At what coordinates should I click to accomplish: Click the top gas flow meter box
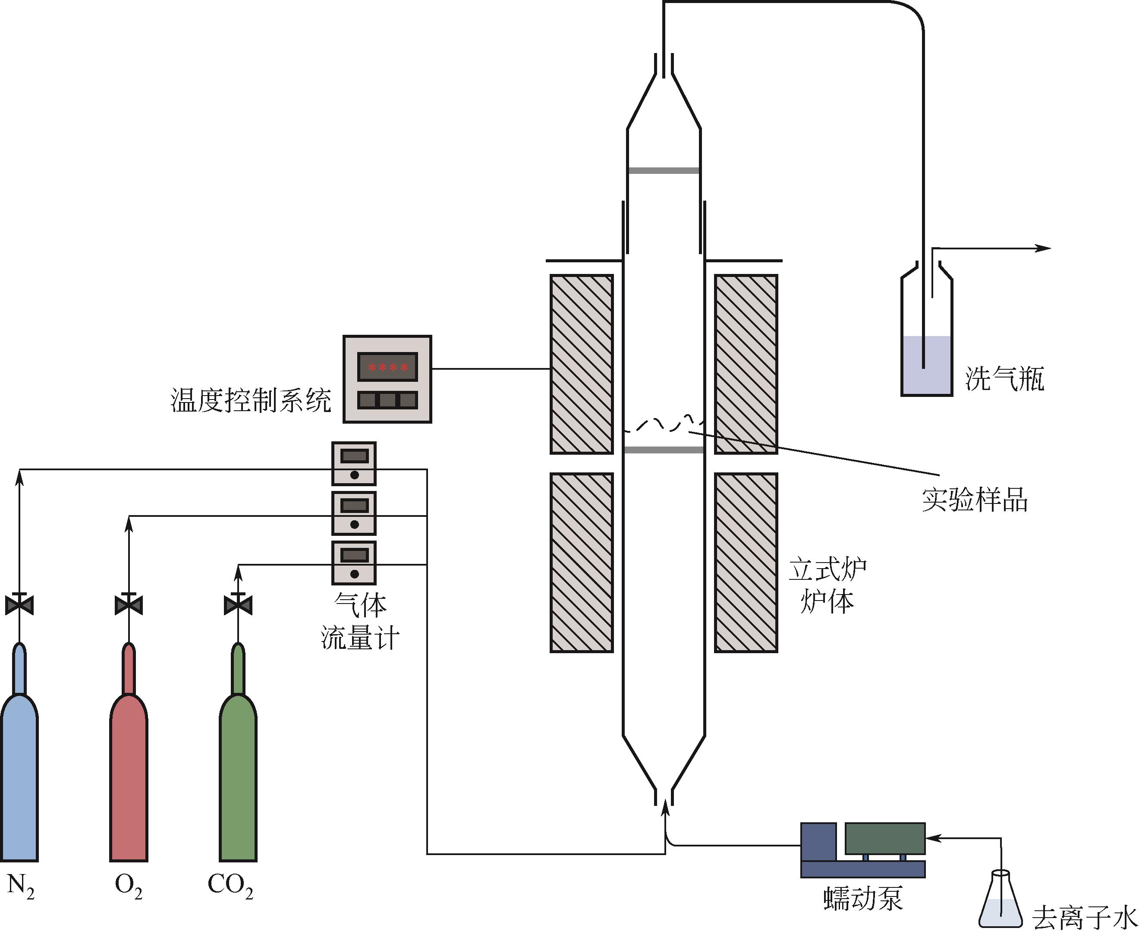pos(354,464)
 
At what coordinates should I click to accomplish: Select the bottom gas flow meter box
pos(354,563)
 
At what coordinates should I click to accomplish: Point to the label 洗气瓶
pos(1005,379)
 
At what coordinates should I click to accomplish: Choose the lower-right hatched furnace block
pos(746,563)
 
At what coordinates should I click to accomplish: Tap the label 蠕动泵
pos(863,899)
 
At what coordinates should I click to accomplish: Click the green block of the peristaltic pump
pos(885,838)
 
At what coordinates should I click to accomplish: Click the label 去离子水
pos(1084,918)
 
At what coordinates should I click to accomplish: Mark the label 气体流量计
pos(360,622)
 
